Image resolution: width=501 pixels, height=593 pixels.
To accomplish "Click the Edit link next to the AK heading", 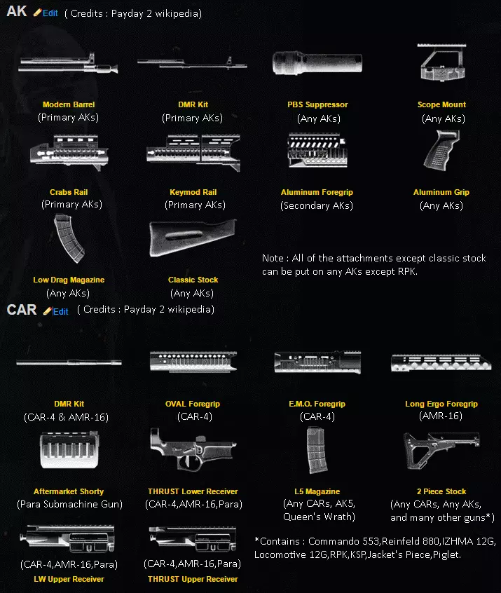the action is click(50, 13).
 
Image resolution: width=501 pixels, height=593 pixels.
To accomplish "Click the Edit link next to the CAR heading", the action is click(60, 312).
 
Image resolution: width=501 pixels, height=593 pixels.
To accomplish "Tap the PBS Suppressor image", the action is click(317, 63).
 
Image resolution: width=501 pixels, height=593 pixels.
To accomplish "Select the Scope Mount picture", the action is click(442, 62).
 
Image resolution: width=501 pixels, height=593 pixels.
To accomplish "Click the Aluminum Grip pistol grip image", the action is click(441, 150).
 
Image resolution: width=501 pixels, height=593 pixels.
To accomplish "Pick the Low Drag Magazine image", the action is click(69, 238).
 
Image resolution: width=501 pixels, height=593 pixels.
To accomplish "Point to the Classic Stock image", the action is click(193, 238).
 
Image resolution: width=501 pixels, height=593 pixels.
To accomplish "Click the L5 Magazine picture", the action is click(317, 450).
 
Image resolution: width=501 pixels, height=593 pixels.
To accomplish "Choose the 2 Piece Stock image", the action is click(441, 450).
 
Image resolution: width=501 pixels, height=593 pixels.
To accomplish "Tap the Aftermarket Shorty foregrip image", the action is click(69, 450).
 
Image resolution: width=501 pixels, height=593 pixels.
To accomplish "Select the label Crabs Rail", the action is click(69, 192).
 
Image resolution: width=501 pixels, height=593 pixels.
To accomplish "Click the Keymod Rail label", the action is click(193, 192).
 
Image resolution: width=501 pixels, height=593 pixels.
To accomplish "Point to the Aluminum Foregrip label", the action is click(317, 192).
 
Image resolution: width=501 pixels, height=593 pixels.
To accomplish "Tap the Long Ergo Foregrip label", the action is click(441, 404).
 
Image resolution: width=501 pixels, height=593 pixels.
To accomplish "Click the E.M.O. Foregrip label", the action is click(317, 404).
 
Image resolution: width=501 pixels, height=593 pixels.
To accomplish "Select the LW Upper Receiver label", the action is click(69, 579).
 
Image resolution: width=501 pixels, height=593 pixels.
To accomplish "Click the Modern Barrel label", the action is click(69, 104).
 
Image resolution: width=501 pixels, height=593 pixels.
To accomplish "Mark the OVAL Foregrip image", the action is click(193, 362).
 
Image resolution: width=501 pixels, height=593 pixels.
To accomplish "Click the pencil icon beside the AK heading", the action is click(37, 13).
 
